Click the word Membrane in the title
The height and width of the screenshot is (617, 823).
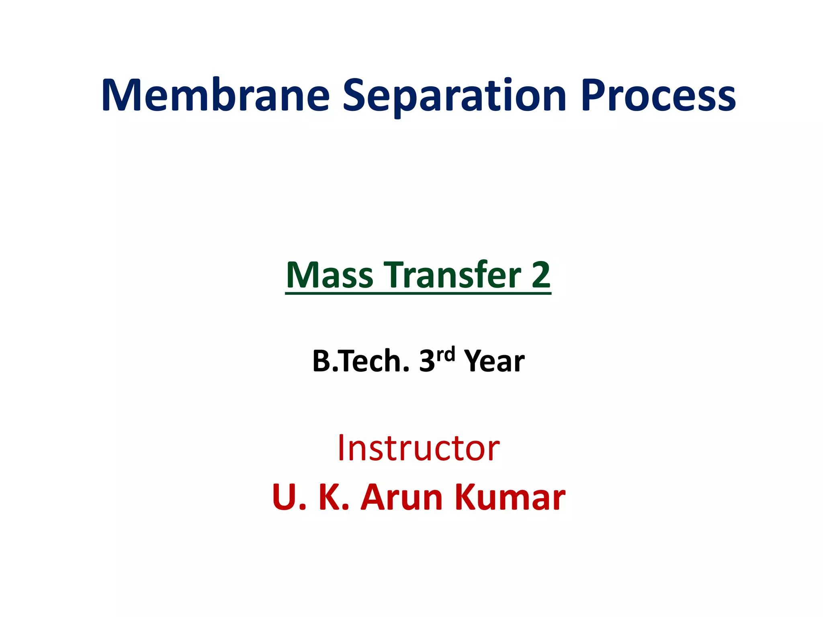point(215,96)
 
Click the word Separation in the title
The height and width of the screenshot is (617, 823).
point(454,96)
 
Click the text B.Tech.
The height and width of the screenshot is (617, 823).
point(360,361)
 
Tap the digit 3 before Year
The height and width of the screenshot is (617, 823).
point(427,361)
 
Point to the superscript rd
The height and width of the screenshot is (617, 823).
point(446,354)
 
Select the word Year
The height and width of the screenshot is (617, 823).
point(494,361)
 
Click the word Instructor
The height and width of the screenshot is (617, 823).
point(418,448)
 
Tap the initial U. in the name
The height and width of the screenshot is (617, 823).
point(289,497)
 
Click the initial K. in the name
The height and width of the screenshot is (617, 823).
point(334,497)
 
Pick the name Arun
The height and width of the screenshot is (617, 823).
point(401,497)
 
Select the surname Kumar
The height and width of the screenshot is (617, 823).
point(510,497)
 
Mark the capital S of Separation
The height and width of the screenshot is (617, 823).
point(355,96)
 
